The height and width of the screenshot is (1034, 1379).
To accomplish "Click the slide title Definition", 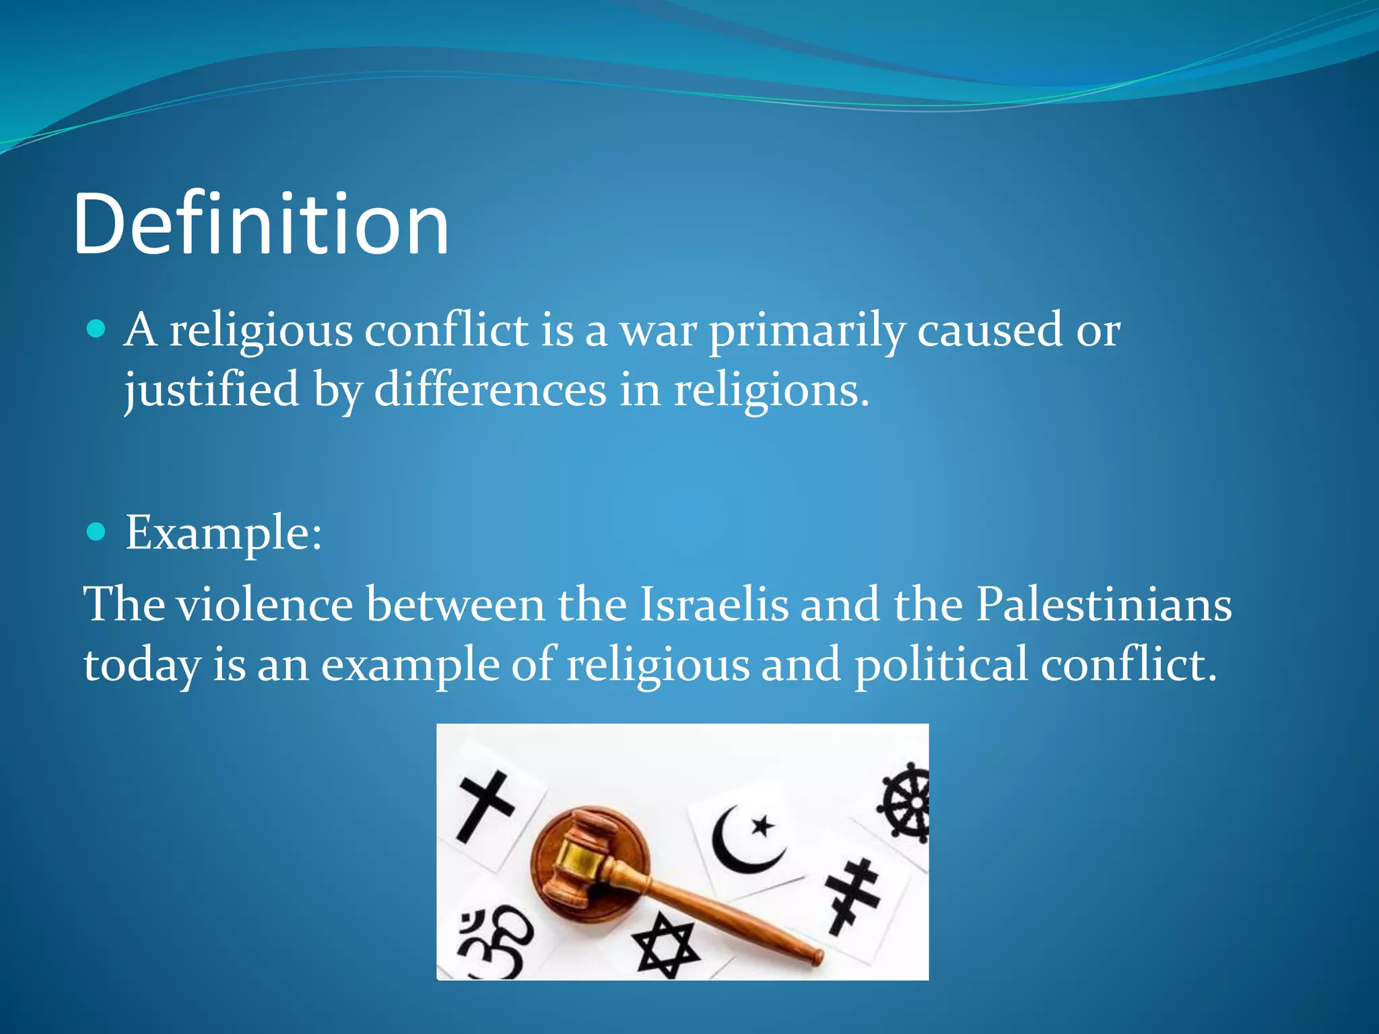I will pyautogui.click(x=261, y=224).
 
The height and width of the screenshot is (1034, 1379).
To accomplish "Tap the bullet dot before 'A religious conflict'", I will pyautogui.click(x=97, y=329).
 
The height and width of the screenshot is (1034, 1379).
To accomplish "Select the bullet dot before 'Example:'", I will pyautogui.click(x=97, y=532).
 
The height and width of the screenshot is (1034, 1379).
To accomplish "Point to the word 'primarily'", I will pyautogui.click(x=807, y=331).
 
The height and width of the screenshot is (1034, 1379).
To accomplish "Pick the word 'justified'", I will pyautogui.click(x=211, y=390).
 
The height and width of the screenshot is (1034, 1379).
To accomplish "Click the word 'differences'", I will pyautogui.click(x=490, y=390).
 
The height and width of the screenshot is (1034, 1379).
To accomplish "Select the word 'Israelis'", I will pyautogui.click(x=713, y=604).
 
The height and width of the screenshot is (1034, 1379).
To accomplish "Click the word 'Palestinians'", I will pyautogui.click(x=1104, y=604).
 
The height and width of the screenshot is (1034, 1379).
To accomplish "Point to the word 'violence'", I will pyautogui.click(x=265, y=604).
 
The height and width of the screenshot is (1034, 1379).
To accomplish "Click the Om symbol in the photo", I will pyautogui.click(x=495, y=941).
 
